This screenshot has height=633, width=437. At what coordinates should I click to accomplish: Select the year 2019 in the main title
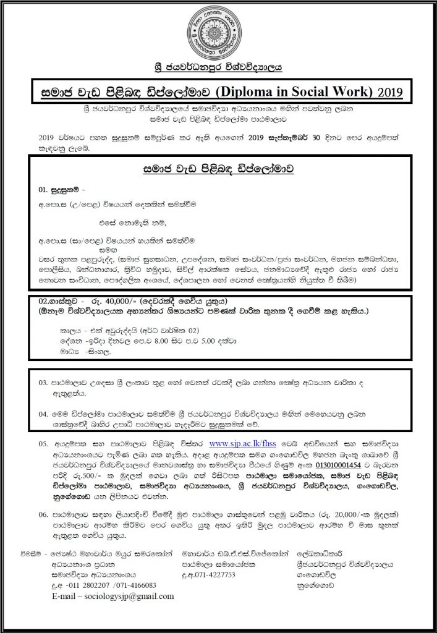(389, 93)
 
